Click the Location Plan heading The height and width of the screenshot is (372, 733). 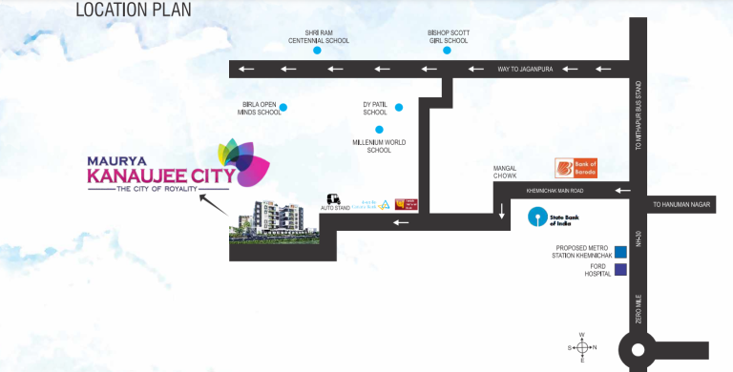133,10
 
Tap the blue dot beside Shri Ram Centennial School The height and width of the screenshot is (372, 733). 317,51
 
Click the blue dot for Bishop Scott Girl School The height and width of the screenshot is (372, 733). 447,51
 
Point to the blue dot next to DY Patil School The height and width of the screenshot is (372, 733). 399,107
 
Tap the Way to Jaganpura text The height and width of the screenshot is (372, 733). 525,69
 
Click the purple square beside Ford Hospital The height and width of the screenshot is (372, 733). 620,270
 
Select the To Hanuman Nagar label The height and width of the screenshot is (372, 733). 681,204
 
